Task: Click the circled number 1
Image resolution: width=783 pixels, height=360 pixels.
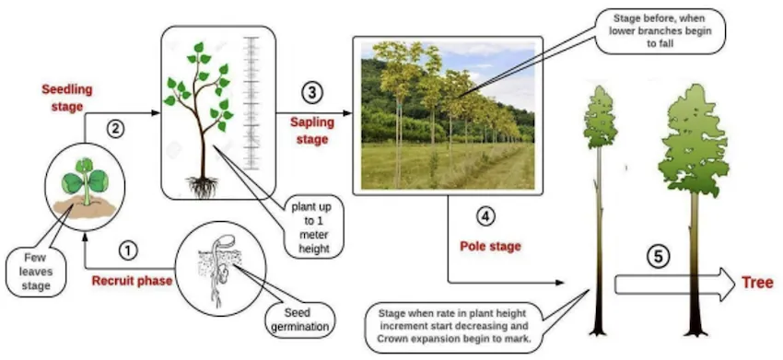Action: [129, 250]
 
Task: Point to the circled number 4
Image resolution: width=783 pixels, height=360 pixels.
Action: [485, 217]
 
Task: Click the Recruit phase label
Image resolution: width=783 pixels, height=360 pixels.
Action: [131, 280]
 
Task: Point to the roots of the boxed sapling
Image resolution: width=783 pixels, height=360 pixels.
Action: [201, 186]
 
